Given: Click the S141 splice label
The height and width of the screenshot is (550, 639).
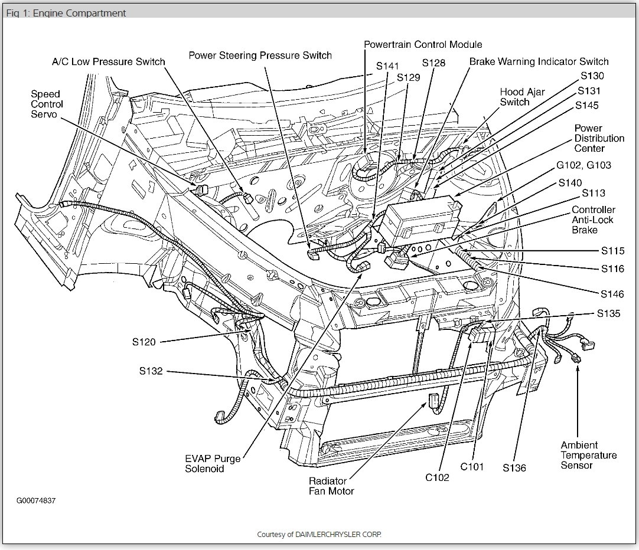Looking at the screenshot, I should (x=387, y=66).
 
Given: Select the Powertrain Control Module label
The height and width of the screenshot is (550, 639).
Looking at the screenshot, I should (x=423, y=44).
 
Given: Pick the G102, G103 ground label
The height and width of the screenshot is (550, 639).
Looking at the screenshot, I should (x=584, y=165).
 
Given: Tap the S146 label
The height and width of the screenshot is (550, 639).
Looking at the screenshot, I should (x=612, y=294).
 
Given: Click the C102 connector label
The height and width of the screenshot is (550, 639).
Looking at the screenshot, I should (x=437, y=477).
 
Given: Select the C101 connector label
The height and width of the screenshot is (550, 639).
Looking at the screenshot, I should (x=472, y=467).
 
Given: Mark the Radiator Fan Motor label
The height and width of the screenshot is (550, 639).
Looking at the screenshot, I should (x=331, y=486).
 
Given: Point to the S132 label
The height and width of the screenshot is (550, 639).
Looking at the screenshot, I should (x=151, y=371).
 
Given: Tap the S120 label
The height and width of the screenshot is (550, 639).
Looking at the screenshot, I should (x=144, y=342).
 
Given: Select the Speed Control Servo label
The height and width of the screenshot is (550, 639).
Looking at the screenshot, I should (x=47, y=104).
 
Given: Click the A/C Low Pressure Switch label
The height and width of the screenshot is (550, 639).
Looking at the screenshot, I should (x=109, y=61).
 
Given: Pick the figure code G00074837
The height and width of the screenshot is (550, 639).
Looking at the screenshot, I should (x=36, y=500).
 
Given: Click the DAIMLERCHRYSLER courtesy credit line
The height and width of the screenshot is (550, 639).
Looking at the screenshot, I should (x=319, y=534).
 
